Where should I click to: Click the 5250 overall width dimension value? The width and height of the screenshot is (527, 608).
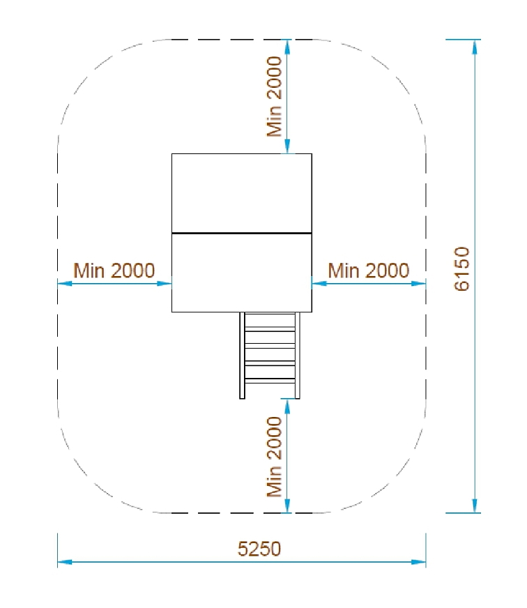(x=259, y=549)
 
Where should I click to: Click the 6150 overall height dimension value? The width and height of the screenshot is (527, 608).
(x=461, y=268)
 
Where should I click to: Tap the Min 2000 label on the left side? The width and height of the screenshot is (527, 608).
(x=114, y=271)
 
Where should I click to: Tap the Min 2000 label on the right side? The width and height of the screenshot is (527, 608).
(x=368, y=271)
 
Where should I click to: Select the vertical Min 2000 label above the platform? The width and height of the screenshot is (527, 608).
(x=274, y=96)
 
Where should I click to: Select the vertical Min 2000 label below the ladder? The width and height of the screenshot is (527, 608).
(x=274, y=457)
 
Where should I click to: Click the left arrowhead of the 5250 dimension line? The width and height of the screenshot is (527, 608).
(x=65, y=561)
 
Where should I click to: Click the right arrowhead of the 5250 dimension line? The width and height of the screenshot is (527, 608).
(x=418, y=561)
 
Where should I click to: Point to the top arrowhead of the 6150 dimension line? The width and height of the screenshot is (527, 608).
(x=475, y=47)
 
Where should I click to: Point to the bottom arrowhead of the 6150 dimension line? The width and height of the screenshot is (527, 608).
(x=475, y=506)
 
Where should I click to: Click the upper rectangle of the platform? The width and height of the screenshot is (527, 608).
(x=242, y=193)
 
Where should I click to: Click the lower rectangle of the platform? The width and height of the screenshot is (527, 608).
(x=242, y=273)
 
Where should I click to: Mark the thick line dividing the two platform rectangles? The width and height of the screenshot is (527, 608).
(x=242, y=233)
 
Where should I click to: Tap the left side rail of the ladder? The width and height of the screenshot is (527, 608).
(x=242, y=355)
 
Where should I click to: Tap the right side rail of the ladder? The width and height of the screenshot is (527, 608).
(x=298, y=355)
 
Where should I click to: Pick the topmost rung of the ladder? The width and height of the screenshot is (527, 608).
(x=270, y=329)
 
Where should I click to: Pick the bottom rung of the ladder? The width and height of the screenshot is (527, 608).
(x=270, y=381)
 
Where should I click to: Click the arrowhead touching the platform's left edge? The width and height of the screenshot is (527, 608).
(x=165, y=284)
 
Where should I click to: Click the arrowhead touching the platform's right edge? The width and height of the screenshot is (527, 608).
(x=319, y=284)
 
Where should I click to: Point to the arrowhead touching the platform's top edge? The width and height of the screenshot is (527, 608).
(x=287, y=146)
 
